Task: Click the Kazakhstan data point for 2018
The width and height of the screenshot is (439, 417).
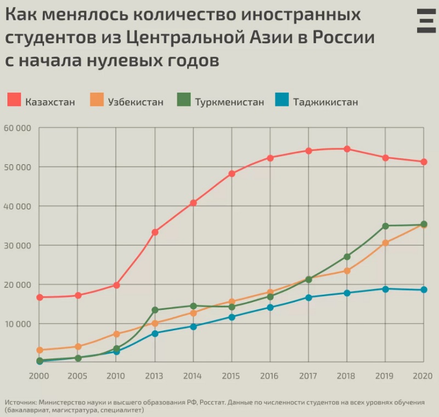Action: tap(347, 149)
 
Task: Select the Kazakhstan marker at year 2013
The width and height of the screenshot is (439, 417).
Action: tap(155, 232)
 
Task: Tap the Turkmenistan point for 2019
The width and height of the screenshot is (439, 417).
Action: tap(385, 226)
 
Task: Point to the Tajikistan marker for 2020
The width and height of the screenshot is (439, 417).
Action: tap(424, 290)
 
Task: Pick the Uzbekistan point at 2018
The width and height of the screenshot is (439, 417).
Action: tap(347, 271)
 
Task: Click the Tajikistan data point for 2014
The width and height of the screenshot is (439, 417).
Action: tap(193, 326)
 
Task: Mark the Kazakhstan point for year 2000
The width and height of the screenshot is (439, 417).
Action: tap(40, 297)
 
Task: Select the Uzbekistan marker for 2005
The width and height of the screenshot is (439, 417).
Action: tap(78, 347)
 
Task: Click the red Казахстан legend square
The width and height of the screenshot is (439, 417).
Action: tap(14, 100)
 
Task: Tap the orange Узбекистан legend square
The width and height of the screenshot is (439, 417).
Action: tap(97, 100)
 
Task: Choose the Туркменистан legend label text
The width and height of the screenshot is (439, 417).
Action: tap(229, 102)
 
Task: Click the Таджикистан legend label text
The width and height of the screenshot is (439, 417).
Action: tap(325, 102)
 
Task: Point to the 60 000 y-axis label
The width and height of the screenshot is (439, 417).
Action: tap(18, 128)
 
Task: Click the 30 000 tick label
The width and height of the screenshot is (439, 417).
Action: tap(18, 245)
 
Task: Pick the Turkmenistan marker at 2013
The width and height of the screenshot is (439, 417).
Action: tap(155, 310)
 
